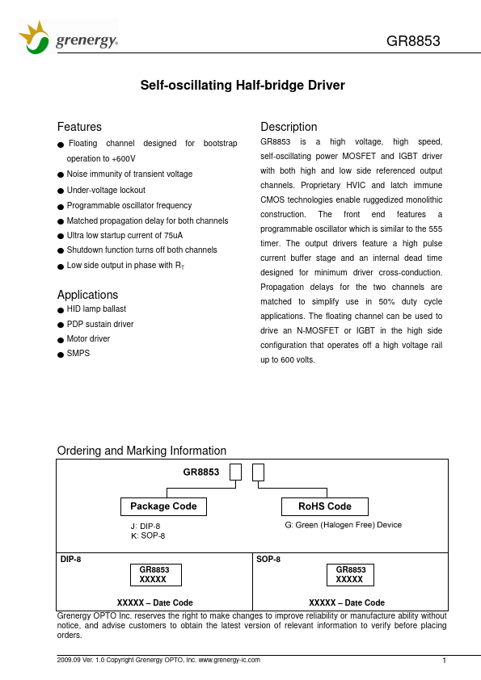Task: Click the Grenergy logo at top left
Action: pyautogui.click(x=69, y=39)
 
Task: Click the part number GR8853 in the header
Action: pyautogui.click(x=413, y=42)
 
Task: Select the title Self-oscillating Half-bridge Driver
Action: pyautogui.click(x=243, y=86)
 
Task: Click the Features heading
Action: pyautogui.click(x=79, y=127)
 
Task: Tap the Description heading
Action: pyautogui.click(x=289, y=127)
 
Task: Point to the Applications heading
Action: pyautogui.click(x=87, y=295)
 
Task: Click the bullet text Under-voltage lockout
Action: pyautogui.click(x=106, y=190)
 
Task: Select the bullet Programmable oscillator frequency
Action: pyautogui.click(x=129, y=205)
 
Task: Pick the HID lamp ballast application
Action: pyautogui.click(x=96, y=309)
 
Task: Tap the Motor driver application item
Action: pyautogui.click(x=88, y=339)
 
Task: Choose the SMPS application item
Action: pyautogui.click(x=78, y=354)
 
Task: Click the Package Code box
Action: pyautogui.click(x=163, y=506)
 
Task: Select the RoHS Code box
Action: pyautogui.click(x=325, y=506)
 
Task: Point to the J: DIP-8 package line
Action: pyautogui.click(x=146, y=526)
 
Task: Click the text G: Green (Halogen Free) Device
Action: pyautogui.click(x=343, y=525)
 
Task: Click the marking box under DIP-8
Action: pyautogui.click(x=155, y=574)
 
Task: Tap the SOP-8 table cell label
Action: pyautogui.click(x=268, y=559)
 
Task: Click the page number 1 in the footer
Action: pyautogui.click(x=445, y=661)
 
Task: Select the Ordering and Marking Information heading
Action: pyautogui.click(x=141, y=451)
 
